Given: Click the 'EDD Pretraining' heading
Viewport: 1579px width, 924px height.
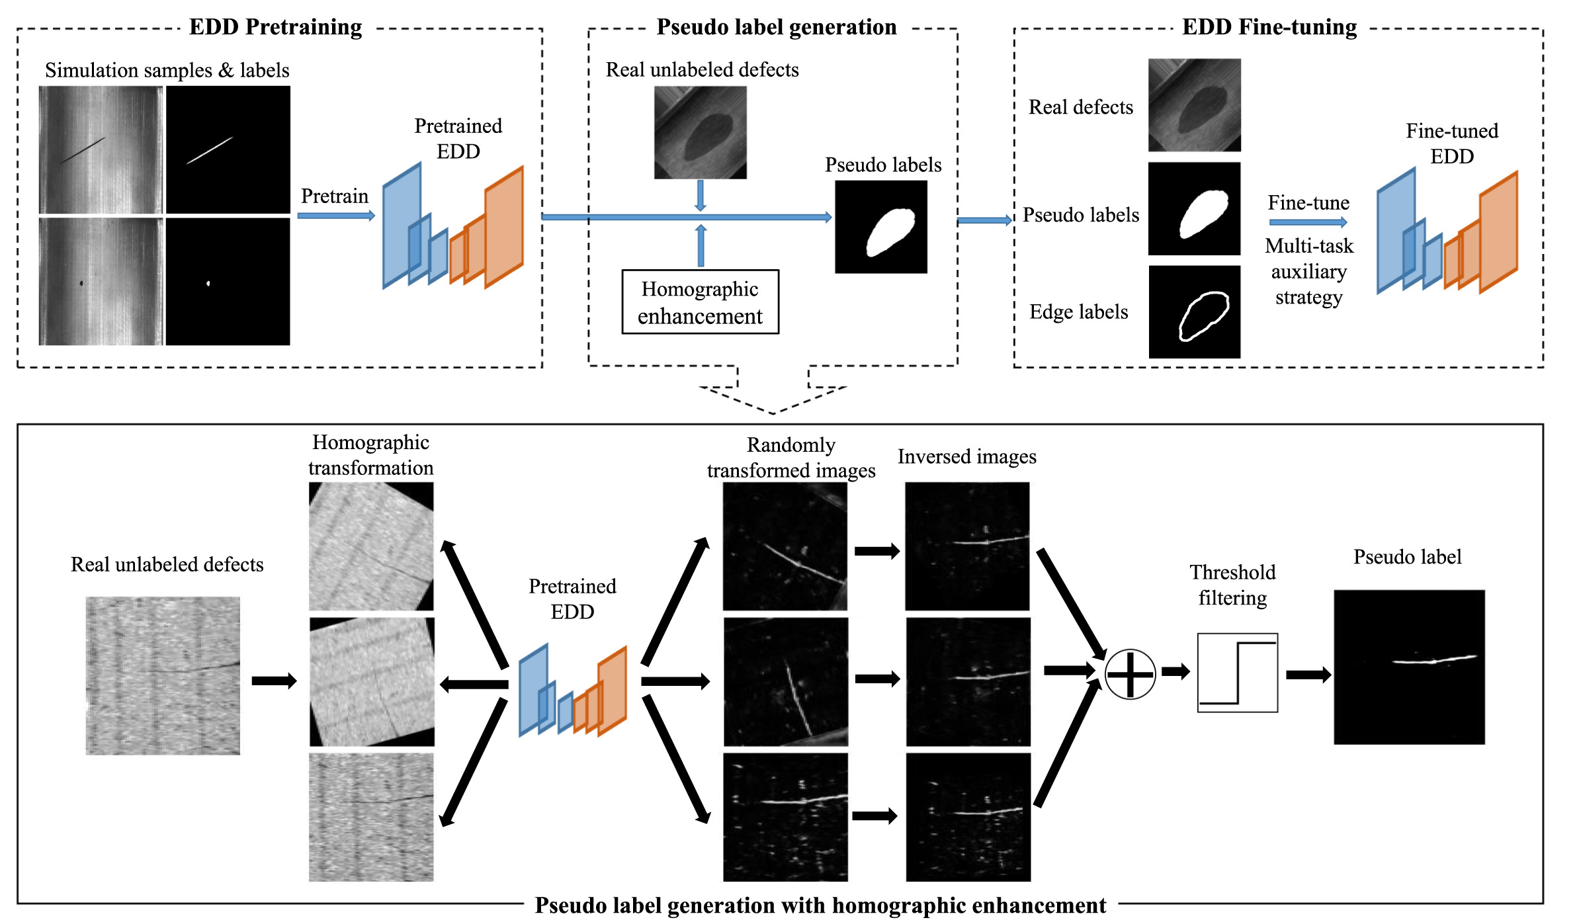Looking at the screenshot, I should click(x=275, y=27).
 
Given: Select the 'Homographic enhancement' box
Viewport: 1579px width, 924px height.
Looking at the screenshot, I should click(x=700, y=302).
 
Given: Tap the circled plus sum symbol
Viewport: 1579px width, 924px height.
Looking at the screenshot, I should click(x=1130, y=674).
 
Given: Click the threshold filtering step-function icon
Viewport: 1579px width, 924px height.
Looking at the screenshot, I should click(x=1237, y=673).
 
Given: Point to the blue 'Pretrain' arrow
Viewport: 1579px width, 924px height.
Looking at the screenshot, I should click(x=336, y=216).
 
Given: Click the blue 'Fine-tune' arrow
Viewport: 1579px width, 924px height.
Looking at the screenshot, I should click(x=1308, y=222).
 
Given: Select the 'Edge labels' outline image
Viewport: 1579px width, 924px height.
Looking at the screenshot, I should click(x=1194, y=312).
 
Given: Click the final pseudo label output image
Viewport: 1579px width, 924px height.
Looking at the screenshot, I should click(x=1408, y=667).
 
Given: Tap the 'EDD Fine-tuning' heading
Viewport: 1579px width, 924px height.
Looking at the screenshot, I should click(x=1269, y=27).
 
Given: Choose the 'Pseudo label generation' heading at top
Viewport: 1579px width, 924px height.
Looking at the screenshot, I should click(x=776, y=27).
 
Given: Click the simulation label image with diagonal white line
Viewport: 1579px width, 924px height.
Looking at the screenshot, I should click(x=228, y=149).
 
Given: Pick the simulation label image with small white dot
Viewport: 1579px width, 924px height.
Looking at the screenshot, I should click(x=228, y=282).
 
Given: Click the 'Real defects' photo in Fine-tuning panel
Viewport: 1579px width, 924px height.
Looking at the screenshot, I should click(x=1194, y=105).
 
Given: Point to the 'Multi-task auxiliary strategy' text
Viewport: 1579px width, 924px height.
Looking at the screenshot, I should click(x=1308, y=272).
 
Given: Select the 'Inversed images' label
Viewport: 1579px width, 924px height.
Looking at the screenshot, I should click(x=966, y=456).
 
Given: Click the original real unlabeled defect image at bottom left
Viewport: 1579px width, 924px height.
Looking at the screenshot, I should click(x=163, y=675).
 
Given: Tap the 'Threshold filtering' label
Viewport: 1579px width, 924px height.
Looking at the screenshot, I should click(x=1232, y=585).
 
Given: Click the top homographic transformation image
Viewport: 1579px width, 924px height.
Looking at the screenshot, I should click(x=371, y=546).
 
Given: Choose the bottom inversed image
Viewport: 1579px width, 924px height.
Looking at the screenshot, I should click(x=968, y=817).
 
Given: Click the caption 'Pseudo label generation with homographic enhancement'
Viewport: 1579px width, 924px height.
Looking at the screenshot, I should click(x=820, y=905).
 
